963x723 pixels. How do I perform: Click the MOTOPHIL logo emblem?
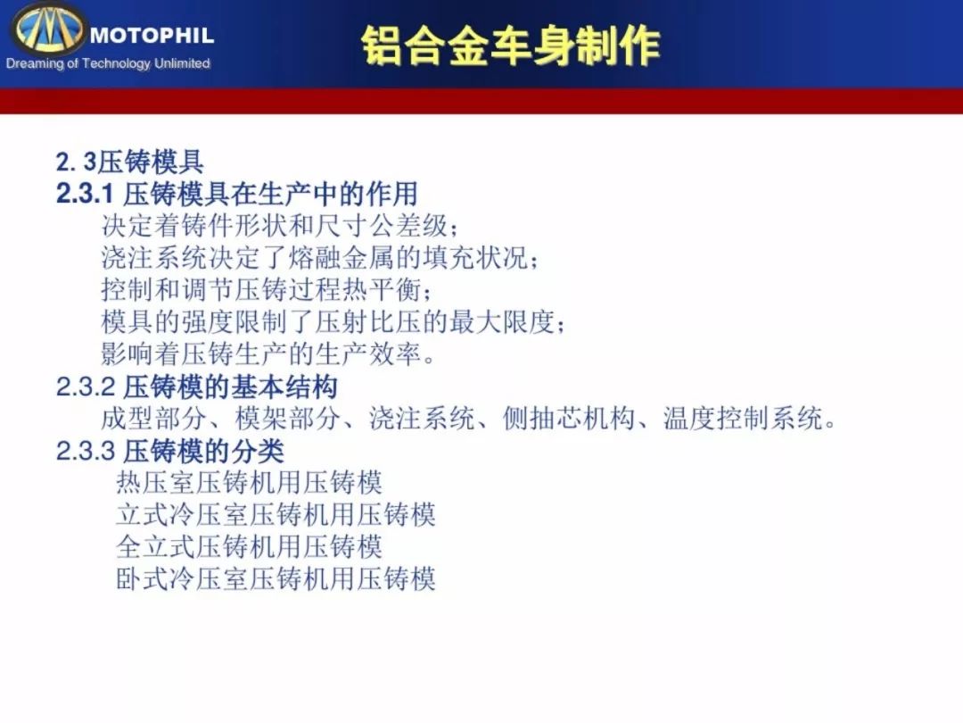(48, 29)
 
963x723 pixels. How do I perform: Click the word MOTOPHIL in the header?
(152, 36)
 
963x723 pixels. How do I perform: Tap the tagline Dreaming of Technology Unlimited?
(108, 63)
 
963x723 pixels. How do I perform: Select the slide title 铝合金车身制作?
(510, 46)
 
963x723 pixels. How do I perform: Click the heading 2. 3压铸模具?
(129, 162)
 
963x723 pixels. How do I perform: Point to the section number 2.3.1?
(85, 194)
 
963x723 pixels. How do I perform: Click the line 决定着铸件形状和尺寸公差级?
(279, 226)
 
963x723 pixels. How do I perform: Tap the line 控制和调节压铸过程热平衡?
(267, 289)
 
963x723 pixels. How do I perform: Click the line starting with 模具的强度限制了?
(333, 321)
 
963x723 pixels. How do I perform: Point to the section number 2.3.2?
(86, 386)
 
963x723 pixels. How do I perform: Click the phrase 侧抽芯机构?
(569, 418)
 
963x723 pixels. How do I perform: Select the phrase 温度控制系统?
(743, 418)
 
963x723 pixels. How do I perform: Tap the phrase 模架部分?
(287, 418)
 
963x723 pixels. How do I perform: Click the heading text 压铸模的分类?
(204, 451)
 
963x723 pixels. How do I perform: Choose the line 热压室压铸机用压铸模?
(249, 483)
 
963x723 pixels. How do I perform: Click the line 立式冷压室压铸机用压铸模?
(276, 515)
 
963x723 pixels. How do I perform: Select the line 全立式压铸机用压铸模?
(249, 546)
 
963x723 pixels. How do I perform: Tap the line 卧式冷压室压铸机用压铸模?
(276, 578)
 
